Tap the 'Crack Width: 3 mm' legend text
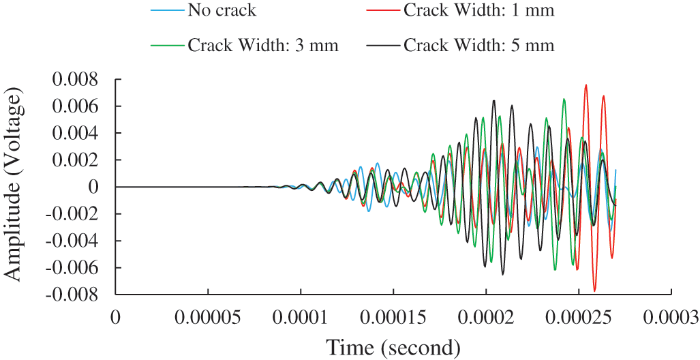[x=262, y=46]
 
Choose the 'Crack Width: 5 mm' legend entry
[x=478, y=46]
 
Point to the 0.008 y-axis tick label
[x=76, y=80]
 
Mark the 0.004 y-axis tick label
[x=76, y=134]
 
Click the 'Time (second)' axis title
[x=393, y=347]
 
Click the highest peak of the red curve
[x=585, y=85]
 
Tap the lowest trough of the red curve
[x=594, y=291]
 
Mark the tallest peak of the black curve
[x=493, y=100]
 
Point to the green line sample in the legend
[x=166, y=46]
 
